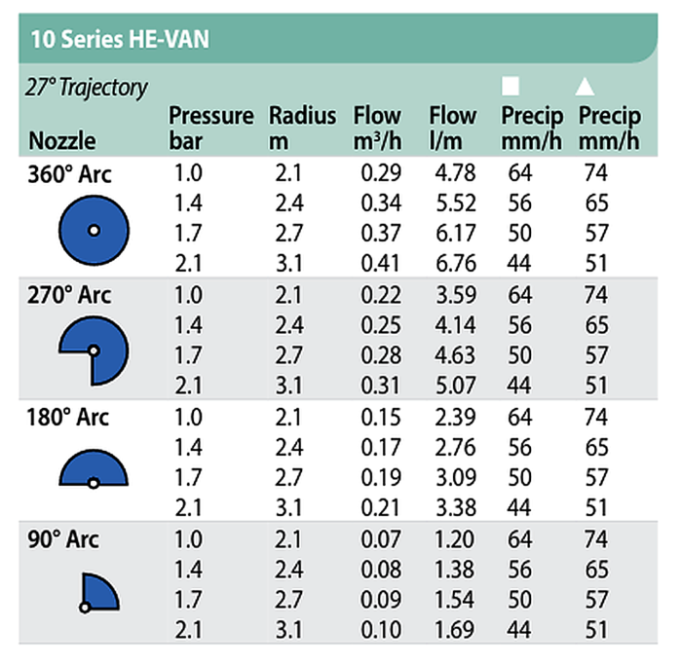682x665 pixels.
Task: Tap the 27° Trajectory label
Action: coord(86,88)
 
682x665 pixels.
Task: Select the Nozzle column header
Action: coord(62,140)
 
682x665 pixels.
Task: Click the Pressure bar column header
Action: coord(210,128)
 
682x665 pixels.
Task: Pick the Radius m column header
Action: coord(302,128)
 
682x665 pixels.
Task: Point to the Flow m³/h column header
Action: coord(377,128)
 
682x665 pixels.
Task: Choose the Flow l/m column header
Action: coord(452,128)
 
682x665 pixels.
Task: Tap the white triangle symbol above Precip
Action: coord(584,86)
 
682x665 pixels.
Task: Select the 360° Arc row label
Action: coord(70,175)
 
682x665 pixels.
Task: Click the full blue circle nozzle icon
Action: coord(94,231)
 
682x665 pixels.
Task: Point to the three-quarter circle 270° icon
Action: coord(94,351)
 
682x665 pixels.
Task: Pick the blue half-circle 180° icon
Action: coord(94,470)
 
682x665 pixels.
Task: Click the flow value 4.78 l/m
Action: coord(453,175)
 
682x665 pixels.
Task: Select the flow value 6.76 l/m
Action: coord(453,263)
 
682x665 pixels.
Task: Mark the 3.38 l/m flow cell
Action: coord(453,505)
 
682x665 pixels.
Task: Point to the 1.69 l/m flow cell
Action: coord(453,627)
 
